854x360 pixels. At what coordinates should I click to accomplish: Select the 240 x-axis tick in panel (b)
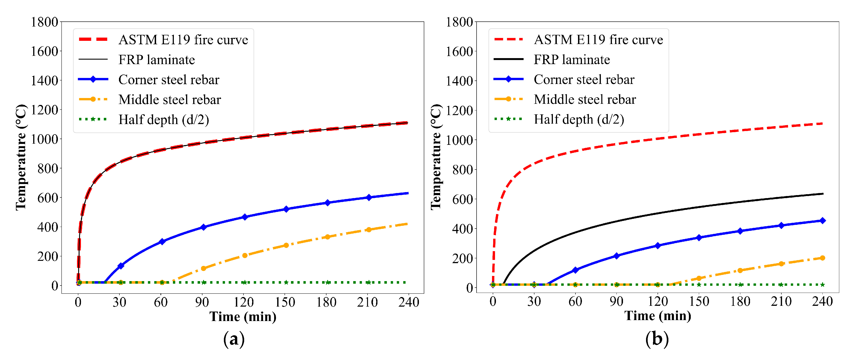click(822, 301)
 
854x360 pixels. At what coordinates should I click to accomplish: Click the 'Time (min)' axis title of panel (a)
click(243, 317)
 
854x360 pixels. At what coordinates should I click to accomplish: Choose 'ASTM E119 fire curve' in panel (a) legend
click(183, 40)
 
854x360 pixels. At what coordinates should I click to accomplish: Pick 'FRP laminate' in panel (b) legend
click(572, 60)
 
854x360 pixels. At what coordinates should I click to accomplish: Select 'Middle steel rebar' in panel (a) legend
click(169, 99)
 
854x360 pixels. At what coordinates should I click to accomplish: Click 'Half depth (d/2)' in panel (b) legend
click(579, 119)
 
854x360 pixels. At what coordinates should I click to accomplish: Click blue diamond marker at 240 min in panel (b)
click(822, 220)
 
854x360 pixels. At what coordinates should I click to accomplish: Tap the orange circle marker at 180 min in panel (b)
click(740, 271)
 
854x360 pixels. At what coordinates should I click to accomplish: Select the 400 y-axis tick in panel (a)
click(48, 227)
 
